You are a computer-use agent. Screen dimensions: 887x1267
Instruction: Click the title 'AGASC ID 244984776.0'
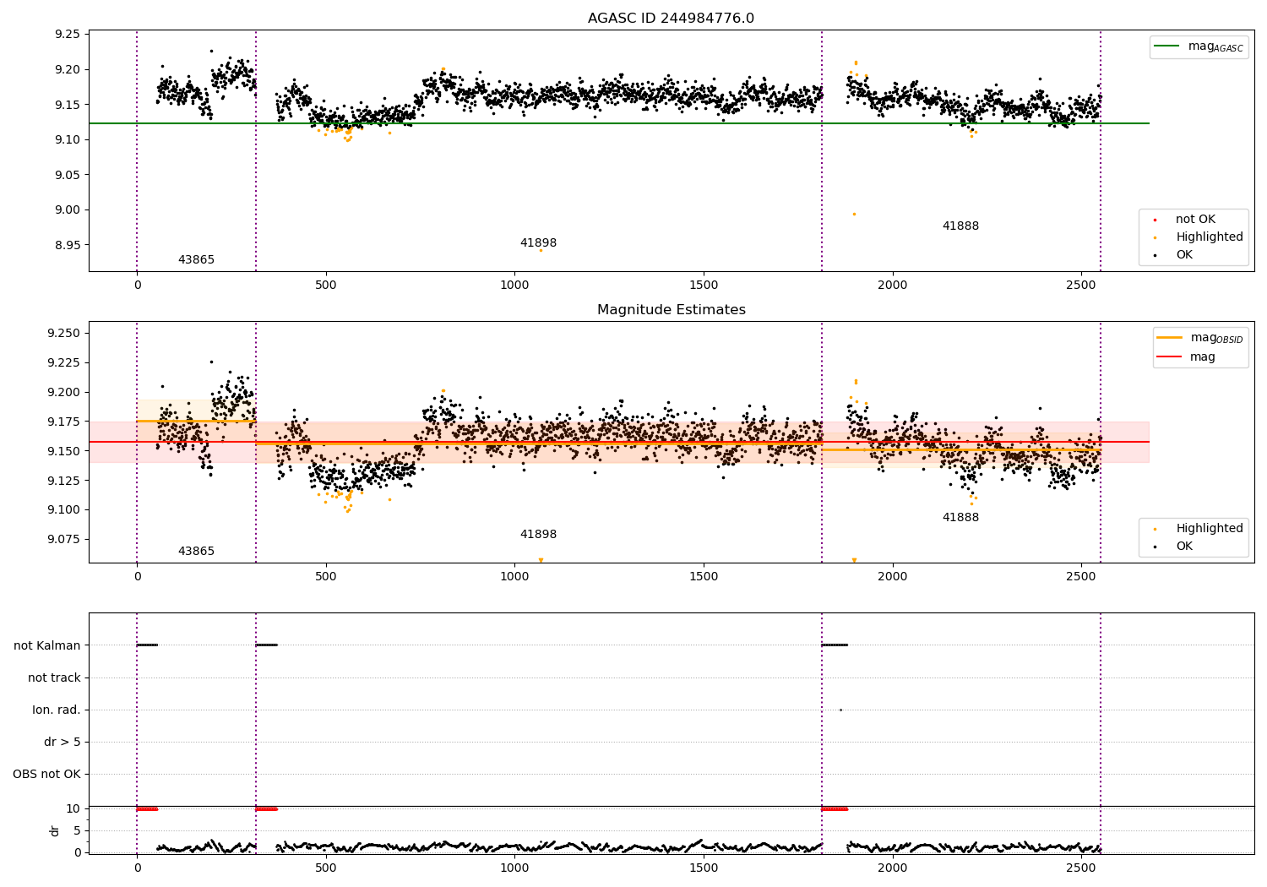click(671, 19)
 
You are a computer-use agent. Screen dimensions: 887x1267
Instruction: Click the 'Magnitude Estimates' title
click(671, 310)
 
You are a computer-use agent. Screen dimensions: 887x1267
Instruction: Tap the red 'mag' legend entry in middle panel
click(1202, 357)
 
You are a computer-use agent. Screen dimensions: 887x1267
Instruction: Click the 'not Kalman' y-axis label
click(47, 645)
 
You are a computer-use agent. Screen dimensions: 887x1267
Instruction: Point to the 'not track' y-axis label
click(54, 677)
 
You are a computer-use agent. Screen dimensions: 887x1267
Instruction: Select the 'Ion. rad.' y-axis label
click(56, 710)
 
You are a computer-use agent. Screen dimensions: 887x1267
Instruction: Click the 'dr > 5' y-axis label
click(62, 742)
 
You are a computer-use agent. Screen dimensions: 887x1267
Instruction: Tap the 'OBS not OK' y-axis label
click(46, 774)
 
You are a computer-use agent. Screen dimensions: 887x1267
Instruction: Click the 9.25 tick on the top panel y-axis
click(68, 35)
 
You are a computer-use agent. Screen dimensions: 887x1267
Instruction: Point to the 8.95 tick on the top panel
click(68, 245)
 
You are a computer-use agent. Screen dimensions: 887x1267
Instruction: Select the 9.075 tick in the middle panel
click(64, 539)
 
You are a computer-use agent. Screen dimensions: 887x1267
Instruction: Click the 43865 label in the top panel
click(196, 260)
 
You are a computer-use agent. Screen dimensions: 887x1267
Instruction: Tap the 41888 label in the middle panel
click(960, 518)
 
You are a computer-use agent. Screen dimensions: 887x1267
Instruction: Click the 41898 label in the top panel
click(538, 243)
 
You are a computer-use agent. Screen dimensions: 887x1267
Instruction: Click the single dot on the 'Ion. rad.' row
click(840, 710)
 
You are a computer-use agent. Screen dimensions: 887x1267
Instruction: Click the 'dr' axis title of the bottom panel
click(55, 830)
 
